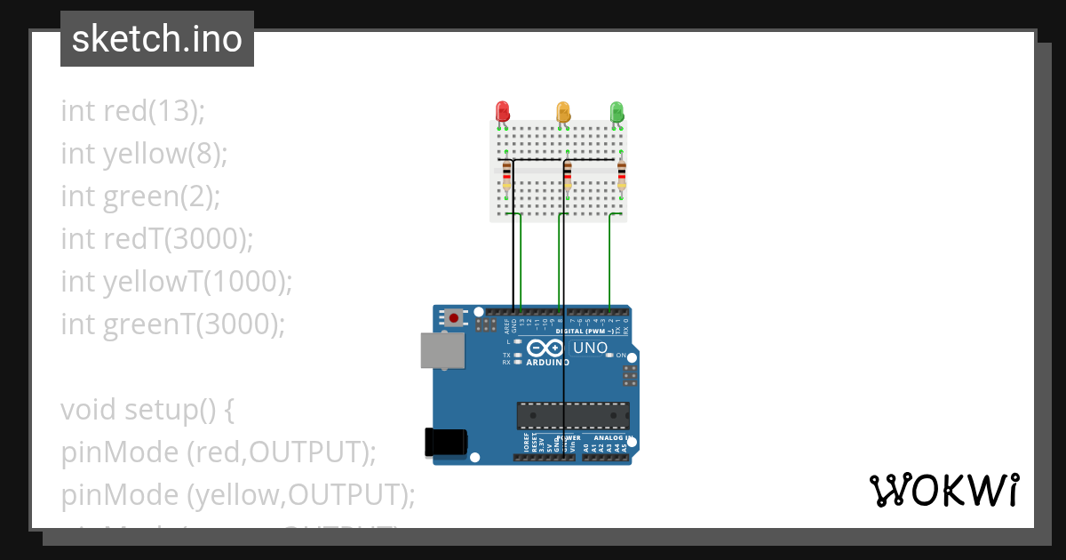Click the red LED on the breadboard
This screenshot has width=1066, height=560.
click(x=502, y=111)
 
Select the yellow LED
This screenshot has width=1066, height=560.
click(x=562, y=111)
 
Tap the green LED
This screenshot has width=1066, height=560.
click(x=617, y=111)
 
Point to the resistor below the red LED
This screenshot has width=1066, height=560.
click(x=506, y=175)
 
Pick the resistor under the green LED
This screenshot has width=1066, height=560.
click(x=621, y=175)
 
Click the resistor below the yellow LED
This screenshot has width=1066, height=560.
click(x=568, y=175)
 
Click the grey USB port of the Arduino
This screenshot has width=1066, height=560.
click(x=442, y=350)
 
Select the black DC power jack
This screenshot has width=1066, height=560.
click(x=446, y=442)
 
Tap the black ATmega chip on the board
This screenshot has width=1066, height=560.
click(x=573, y=415)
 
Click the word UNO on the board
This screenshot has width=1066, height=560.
click(x=590, y=348)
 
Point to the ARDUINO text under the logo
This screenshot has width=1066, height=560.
click(x=547, y=363)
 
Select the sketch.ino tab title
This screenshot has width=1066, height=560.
click(x=157, y=39)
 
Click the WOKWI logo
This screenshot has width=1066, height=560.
click(x=943, y=490)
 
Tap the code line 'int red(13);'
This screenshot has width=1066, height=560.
click(x=133, y=111)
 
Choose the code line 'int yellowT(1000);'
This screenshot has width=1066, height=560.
click(x=177, y=282)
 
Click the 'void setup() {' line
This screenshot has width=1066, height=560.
click(x=147, y=410)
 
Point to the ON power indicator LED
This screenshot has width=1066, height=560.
click(x=609, y=356)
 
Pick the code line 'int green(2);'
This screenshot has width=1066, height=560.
click(x=140, y=196)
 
